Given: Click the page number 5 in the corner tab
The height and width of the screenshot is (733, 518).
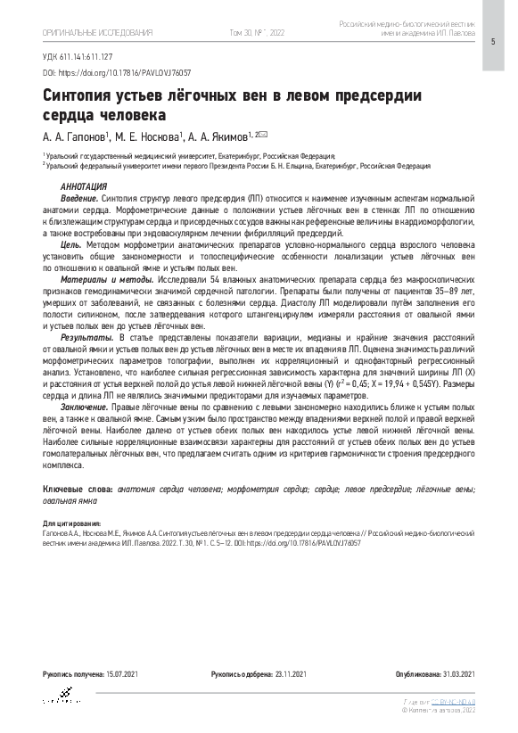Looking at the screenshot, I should click(492, 43).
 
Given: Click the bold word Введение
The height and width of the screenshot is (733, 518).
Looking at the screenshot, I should click(79, 196).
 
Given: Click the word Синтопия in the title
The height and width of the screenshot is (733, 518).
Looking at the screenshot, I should click(83, 97).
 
